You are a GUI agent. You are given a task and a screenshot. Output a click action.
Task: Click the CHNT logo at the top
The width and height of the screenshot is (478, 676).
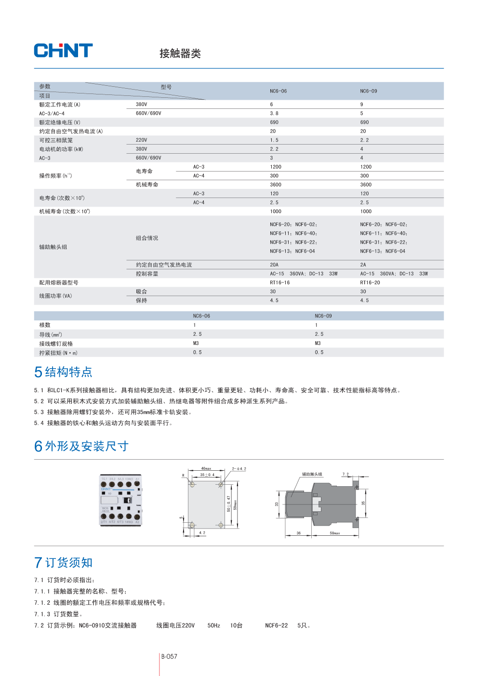coord(63,51)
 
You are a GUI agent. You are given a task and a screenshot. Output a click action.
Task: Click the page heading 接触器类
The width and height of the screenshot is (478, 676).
coord(180,53)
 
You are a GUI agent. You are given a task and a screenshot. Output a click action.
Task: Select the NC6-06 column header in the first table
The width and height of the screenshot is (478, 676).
coord(278,91)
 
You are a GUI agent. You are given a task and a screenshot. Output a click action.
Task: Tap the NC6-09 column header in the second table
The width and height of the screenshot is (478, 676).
coord(323,316)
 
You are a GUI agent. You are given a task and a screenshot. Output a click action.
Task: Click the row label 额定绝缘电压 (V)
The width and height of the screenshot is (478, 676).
coord(60,122)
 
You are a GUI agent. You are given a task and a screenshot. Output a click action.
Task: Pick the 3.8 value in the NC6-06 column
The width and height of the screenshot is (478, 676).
coord(274,114)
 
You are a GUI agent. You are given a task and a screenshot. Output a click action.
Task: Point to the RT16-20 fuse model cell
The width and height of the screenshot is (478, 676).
coord(370,283)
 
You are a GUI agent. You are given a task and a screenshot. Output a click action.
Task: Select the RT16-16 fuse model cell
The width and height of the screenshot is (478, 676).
coord(279,283)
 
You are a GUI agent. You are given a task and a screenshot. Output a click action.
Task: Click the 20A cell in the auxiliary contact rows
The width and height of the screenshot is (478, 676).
coord(274,265)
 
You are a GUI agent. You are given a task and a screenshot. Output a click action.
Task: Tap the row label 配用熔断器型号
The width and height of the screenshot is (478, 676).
coord(58,283)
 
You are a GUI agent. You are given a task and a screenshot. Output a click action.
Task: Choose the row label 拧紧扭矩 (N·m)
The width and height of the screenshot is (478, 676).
coord(58,353)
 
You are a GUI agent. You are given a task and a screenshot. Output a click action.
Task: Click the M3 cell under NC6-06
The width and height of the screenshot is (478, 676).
coord(196,344)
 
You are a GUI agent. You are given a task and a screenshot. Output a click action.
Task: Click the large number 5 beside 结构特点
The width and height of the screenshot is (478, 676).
coord(39,372)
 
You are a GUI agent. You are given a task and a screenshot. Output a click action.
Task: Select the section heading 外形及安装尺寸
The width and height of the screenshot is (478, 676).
coord(87,446)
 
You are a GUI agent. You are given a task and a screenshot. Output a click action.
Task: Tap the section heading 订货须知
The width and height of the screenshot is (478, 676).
coord(68,563)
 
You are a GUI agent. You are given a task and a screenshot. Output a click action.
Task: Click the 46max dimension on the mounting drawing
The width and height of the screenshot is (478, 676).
coord(206,468)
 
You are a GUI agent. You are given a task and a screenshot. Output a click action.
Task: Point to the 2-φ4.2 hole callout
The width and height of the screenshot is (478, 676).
coord(239,468)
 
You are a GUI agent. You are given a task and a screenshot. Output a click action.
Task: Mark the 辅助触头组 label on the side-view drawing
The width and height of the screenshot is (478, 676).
coord(312,474)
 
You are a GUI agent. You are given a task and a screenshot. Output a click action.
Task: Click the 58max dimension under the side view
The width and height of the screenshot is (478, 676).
coord(334,533)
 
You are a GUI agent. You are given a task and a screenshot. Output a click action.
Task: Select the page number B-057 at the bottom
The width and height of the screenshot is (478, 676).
coord(169,657)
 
